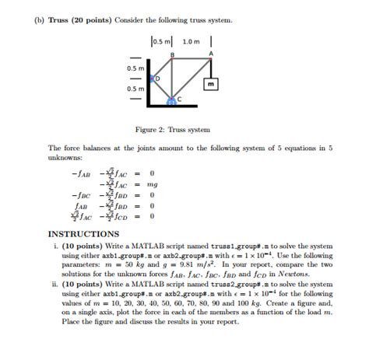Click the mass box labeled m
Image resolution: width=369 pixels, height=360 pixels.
coord(210,82)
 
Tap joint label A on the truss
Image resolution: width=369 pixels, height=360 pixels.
coord(210,52)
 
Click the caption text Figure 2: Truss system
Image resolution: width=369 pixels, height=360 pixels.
coord(184,130)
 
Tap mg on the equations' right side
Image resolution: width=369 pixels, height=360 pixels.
coord(153,184)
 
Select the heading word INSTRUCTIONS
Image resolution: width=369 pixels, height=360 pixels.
coord(84,232)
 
